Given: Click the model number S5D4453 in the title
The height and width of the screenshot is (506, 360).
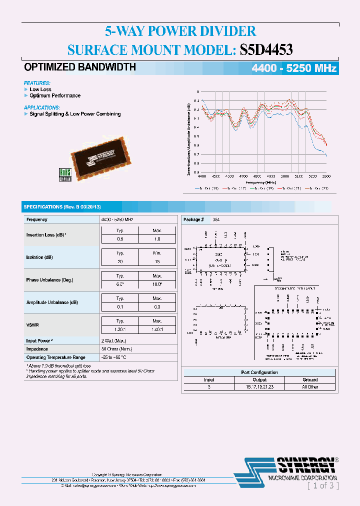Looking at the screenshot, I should click(x=266, y=49).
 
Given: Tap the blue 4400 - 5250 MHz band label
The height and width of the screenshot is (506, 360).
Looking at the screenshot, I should click(x=293, y=69).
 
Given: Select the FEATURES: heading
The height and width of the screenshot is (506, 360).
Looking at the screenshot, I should click(x=37, y=83).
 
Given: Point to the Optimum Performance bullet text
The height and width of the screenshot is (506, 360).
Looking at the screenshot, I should click(x=55, y=95).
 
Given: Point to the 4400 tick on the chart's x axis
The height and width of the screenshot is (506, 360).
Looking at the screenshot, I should click(x=202, y=176).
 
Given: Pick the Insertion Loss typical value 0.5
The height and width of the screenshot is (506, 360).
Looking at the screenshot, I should click(x=120, y=239).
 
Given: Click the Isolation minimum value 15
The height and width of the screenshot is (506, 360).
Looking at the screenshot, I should click(x=157, y=261).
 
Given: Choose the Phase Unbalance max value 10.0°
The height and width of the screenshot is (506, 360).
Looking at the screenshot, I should click(x=157, y=284).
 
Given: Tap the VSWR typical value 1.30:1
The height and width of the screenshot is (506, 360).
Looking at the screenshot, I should click(x=120, y=329).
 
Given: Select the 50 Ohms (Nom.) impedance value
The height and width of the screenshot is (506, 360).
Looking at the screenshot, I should click(x=117, y=349).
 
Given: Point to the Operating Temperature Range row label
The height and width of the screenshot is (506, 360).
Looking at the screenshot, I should click(x=56, y=357).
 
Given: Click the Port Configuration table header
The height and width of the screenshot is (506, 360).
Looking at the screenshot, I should click(x=259, y=372).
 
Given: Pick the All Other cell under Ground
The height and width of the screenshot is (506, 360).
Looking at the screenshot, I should click(x=310, y=387).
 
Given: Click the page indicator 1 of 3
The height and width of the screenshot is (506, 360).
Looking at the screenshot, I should click(x=323, y=485).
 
